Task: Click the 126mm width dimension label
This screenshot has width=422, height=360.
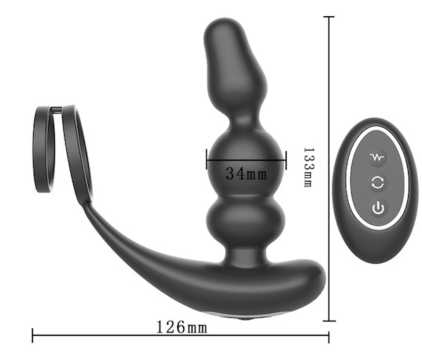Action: pos(182,327)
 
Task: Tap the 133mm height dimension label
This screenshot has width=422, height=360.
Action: pos(309,167)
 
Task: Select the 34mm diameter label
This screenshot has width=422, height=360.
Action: pos(246,173)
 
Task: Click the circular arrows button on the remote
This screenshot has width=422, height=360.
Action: pos(378,183)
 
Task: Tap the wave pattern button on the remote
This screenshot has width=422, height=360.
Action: pos(377,157)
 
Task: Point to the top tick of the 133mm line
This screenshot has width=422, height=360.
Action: pos(329,17)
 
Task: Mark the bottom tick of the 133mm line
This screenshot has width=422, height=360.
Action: pos(329,321)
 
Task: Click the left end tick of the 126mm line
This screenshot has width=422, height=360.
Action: pos(32,335)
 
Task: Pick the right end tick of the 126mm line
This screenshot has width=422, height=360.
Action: pos(328,337)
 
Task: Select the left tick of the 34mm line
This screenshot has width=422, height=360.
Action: pos(207,159)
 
